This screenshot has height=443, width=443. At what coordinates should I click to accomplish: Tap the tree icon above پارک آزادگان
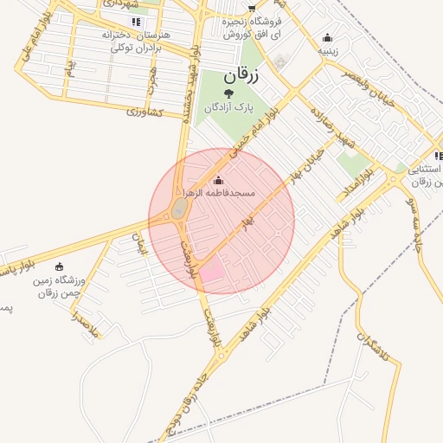tap(228, 93)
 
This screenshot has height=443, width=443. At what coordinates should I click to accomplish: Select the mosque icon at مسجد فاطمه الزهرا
tap(216, 180)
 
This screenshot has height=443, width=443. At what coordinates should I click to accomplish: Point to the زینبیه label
tap(327, 50)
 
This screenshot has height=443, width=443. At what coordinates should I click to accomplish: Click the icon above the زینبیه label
tap(327, 37)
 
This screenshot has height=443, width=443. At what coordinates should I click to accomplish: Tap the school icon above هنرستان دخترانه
tap(135, 21)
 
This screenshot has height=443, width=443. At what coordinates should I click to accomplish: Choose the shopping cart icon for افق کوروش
tap(252, 7)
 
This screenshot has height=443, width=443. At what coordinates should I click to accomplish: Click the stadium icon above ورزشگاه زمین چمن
tap(59, 266)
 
